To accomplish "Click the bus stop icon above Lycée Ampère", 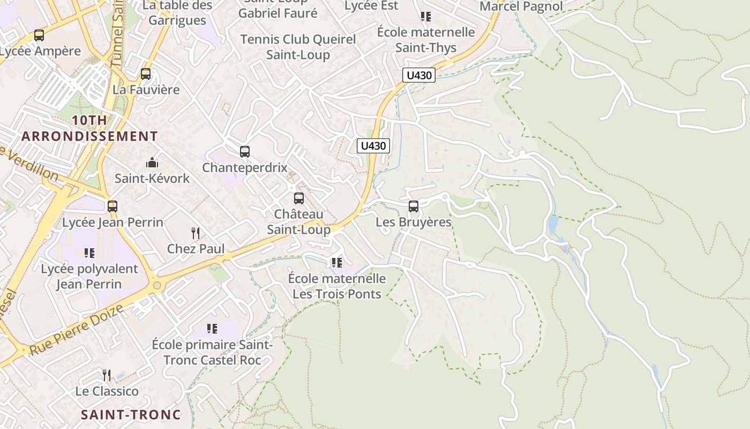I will (39, 35).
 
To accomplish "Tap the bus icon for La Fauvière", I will (145, 74).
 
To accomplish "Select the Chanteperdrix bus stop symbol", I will (245, 152).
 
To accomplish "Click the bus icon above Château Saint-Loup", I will (299, 198).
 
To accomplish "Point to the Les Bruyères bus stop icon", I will (413, 206).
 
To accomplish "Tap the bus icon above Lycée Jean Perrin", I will (112, 206).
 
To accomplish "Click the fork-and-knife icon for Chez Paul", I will (196, 233).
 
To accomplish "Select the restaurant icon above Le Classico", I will (107, 375).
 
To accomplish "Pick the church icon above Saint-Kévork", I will (152, 162).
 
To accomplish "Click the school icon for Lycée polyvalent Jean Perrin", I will (89, 253).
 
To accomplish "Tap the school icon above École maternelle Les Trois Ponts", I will (336, 262).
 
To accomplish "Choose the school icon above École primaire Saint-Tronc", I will (212, 328).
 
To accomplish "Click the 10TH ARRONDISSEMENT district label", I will (89, 128).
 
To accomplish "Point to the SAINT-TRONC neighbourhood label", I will (131, 415).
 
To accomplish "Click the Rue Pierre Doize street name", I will (77, 330).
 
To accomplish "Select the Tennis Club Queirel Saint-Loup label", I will (298, 47).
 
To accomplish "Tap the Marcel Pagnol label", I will (521, 6).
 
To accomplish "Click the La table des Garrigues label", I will (177, 13).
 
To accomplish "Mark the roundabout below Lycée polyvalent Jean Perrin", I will (157, 285).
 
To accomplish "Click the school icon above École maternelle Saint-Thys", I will (426, 17).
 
